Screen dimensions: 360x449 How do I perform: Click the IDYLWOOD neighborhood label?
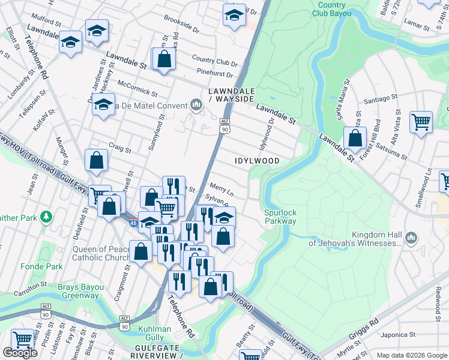(x=256, y=161)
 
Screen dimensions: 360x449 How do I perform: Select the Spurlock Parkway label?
(x=280, y=217)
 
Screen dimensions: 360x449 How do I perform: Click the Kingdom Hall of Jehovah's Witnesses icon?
(x=411, y=238)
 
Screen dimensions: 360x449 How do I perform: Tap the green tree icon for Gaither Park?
(x=45, y=216)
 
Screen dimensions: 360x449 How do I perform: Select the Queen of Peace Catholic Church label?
(x=97, y=254)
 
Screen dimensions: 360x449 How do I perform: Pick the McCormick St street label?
(x=138, y=89)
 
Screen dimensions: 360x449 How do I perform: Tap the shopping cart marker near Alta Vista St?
(x=421, y=122)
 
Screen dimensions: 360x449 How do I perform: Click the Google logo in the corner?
(x=20, y=353)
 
